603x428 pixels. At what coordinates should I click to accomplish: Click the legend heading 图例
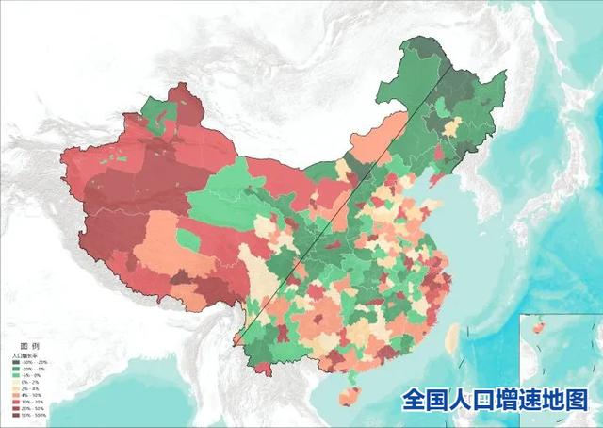point(30,347)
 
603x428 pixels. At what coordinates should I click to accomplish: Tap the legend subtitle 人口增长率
point(27,355)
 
